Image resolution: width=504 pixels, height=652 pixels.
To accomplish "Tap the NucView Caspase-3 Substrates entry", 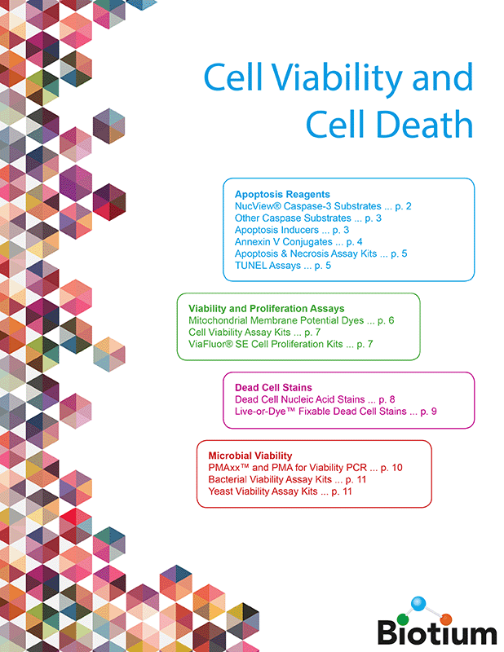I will click(323, 207).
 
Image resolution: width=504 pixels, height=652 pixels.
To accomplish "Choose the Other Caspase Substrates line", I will click(308, 218).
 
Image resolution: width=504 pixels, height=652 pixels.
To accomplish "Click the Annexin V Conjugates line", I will click(298, 242).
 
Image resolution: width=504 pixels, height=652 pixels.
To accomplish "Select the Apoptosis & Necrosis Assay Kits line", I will click(321, 254).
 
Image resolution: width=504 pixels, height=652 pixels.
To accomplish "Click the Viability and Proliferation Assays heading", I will click(266, 309).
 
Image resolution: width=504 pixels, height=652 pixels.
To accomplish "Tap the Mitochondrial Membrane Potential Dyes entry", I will click(291, 321).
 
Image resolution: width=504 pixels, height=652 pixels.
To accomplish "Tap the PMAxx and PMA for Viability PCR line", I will click(305, 468).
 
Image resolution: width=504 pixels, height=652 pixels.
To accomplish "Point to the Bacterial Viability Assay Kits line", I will click(285, 480).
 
